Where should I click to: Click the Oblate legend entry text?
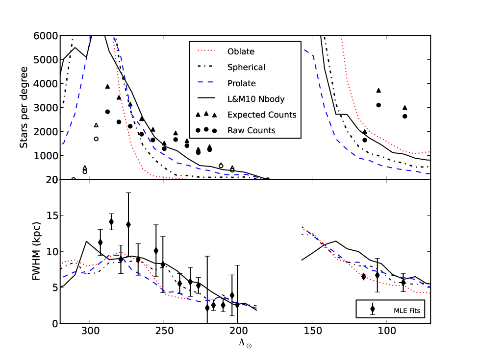tap(241, 51)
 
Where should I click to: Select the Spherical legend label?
tap(246, 67)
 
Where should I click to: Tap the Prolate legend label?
tap(241, 83)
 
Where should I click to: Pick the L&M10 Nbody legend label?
tap(256, 99)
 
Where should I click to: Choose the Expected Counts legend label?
tap(262, 115)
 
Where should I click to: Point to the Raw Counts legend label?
tap(252, 130)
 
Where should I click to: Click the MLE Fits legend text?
tap(407, 311)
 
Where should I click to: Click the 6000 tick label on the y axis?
tap(46, 36)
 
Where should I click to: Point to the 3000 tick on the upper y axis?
tap(46, 108)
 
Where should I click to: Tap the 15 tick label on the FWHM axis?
tap(52, 216)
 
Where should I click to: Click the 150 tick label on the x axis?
tap(312, 331)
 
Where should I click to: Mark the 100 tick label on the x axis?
tap(386, 331)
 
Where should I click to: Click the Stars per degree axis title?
tap(24, 108)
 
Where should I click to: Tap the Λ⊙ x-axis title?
tap(245, 343)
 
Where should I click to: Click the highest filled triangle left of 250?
tap(107, 87)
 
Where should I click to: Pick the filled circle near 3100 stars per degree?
tap(378, 105)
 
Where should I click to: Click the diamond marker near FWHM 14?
tap(111, 222)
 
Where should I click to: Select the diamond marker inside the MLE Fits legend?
tap(373, 309)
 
